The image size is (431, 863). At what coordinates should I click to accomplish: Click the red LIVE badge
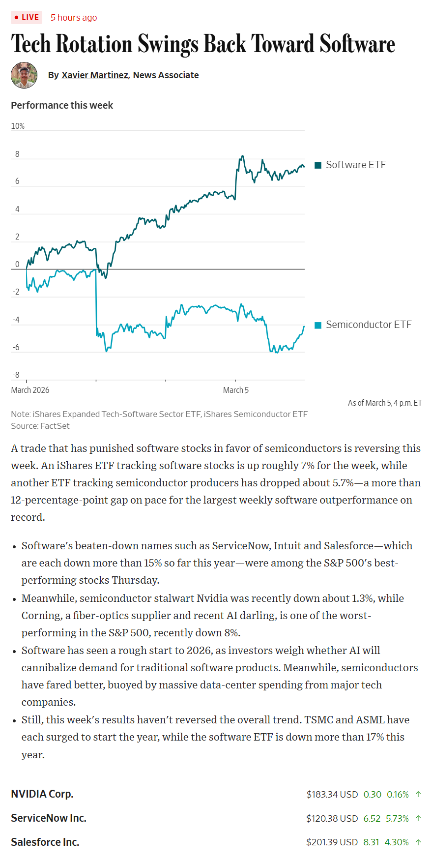click(x=27, y=18)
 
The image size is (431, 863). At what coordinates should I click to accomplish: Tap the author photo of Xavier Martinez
click(x=24, y=75)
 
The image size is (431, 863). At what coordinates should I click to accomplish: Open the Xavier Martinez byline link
click(x=94, y=75)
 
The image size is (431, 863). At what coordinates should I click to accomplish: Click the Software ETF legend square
click(x=318, y=165)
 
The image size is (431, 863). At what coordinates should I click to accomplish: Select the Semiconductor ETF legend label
click(x=368, y=325)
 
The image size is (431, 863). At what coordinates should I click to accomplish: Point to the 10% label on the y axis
click(x=18, y=126)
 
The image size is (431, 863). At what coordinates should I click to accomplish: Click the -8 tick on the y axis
click(x=16, y=375)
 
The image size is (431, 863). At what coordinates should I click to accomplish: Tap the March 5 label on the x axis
click(x=236, y=390)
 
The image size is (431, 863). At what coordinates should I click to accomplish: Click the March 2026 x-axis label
click(x=30, y=390)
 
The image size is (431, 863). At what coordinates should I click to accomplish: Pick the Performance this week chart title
click(x=62, y=105)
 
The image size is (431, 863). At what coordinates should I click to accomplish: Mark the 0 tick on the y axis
click(x=17, y=264)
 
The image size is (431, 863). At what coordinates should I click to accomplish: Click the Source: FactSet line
click(x=40, y=426)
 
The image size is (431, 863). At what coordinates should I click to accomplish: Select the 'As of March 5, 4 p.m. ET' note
click(x=385, y=403)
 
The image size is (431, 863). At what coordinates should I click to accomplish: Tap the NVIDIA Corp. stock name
click(x=42, y=794)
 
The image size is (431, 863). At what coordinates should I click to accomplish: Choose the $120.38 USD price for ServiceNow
click(x=332, y=818)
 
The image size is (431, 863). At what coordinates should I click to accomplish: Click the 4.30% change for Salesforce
click(x=397, y=842)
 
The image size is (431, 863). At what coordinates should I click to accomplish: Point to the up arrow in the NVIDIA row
click(x=418, y=794)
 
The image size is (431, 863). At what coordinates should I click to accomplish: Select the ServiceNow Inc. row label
click(x=49, y=818)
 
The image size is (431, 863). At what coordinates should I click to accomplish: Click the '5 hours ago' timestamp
click(x=74, y=18)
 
